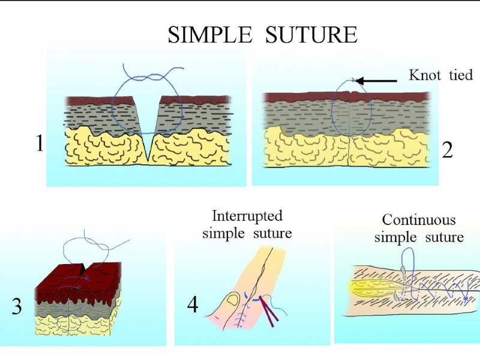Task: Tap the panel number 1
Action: tap(40, 144)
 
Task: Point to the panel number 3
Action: tap(17, 307)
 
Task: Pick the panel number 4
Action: tap(193, 305)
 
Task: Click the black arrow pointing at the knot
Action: tap(378, 80)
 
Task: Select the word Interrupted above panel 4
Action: tap(247, 215)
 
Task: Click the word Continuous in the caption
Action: tap(418, 220)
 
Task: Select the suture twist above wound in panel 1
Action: tap(148, 78)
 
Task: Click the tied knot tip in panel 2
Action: tap(353, 80)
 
